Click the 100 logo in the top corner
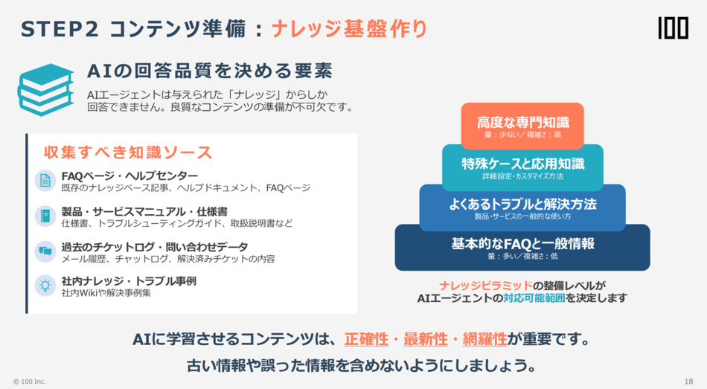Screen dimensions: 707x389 tap(673, 28)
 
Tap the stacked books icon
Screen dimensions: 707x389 tap(46, 89)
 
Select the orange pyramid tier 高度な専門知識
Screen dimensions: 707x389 tap(522, 126)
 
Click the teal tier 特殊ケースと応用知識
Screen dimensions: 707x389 tap(522, 167)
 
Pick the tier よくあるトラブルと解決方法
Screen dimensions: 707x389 tap(522, 208)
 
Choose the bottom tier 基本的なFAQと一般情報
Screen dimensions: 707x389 tap(522, 248)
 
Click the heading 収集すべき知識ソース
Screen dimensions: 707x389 tap(127, 152)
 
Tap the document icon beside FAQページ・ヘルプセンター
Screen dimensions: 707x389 tap(45, 180)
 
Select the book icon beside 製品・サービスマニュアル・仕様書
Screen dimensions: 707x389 tap(45, 216)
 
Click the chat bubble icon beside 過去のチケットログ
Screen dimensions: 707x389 tap(45, 251)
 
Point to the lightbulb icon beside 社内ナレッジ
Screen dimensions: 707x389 tap(45, 286)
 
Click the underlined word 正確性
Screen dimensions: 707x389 tap(366, 339)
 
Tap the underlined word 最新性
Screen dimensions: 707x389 tap(425, 339)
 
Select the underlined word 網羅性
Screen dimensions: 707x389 tap(484, 339)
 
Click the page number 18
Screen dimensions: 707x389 tap(688, 382)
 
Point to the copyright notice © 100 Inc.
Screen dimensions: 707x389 tap(29, 382)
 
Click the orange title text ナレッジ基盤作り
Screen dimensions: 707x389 tap(349, 29)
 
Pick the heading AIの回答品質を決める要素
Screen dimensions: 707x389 tap(210, 71)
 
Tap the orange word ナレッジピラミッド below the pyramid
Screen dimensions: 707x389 tap(486, 286)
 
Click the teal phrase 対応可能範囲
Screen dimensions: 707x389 tap(534, 298)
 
